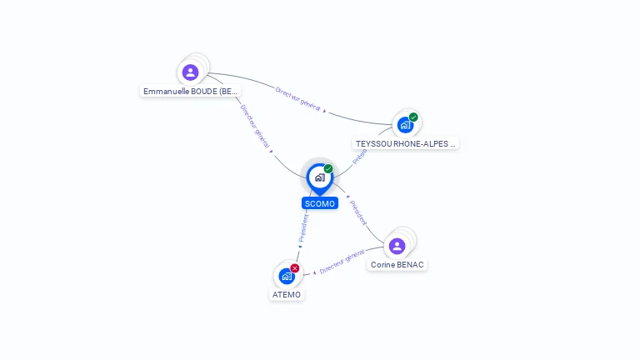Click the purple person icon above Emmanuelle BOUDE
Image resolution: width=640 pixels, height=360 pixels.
pyautogui.click(x=191, y=72)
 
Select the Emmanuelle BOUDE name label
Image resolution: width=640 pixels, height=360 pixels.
pyautogui.click(x=191, y=91)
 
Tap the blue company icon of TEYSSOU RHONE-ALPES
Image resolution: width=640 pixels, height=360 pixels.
pyautogui.click(x=405, y=126)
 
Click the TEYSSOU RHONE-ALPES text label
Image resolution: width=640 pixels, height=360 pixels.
pyautogui.click(x=406, y=143)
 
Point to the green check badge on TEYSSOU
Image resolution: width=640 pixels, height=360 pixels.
pyautogui.click(x=413, y=117)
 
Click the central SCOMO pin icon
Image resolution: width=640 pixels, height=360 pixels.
pyautogui.click(x=319, y=177)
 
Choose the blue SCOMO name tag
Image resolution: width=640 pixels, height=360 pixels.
pyautogui.click(x=320, y=203)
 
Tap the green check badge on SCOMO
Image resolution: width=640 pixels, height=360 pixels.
pyautogui.click(x=328, y=169)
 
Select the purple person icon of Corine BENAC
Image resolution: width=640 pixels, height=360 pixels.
pyautogui.click(x=397, y=246)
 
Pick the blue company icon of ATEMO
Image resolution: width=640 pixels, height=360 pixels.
pyautogui.click(x=287, y=276)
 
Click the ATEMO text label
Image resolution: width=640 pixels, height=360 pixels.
pyautogui.click(x=287, y=294)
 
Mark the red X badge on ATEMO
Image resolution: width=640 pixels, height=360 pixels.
pyautogui.click(x=295, y=268)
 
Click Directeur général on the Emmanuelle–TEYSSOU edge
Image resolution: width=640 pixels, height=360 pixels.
pyautogui.click(x=297, y=98)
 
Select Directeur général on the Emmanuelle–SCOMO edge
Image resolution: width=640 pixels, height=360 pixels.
pyautogui.click(x=254, y=127)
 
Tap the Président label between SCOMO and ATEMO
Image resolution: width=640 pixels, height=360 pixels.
pyautogui.click(x=304, y=227)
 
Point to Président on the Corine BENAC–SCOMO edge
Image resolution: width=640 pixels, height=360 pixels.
pyautogui.click(x=358, y=212)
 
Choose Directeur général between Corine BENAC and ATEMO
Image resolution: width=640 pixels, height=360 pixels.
pyautogui.click(x=342, y=261)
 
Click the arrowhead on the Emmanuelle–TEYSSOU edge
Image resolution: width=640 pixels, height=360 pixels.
pyautogui.click(x=324, y=111)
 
